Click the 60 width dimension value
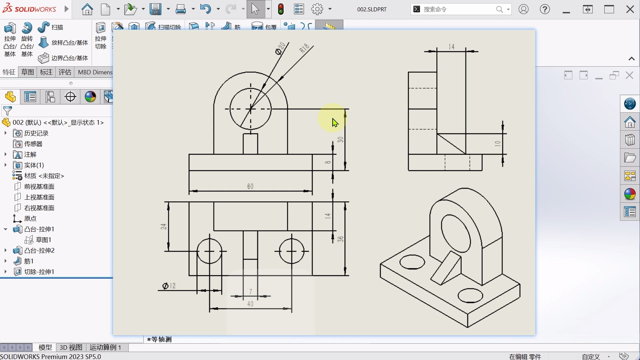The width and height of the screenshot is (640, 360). [x=250, y=186]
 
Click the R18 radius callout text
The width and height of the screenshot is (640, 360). [x=304, y=48]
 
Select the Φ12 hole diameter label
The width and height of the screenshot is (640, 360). [x=169, y=286]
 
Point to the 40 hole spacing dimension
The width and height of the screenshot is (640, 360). [x=250, y=304]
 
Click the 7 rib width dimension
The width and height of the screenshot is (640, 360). [x=251, y=292]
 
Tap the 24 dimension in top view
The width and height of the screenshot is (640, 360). [x=163, y=227]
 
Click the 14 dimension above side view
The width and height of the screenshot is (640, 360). [x=452, y=47]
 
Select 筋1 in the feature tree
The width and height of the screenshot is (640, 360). [x=29, y=261]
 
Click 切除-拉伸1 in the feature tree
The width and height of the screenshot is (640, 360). [x=39, y=272]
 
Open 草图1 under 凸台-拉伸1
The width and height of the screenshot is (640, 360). [x=43, y=240]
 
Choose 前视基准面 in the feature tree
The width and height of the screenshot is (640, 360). [x=39, y=186]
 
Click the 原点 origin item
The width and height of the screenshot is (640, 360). [x=30, y=218]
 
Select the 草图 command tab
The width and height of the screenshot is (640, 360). [x=27, y=72]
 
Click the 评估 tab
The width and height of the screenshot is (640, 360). [x=65, y=72]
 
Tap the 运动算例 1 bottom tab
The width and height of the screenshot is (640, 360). [x=105, y=347]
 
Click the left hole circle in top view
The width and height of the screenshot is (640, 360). [x=209, y=251]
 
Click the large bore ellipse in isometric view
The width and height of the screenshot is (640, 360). [x=455, y=234]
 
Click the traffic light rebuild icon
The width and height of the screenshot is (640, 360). [x=281, y=9]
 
